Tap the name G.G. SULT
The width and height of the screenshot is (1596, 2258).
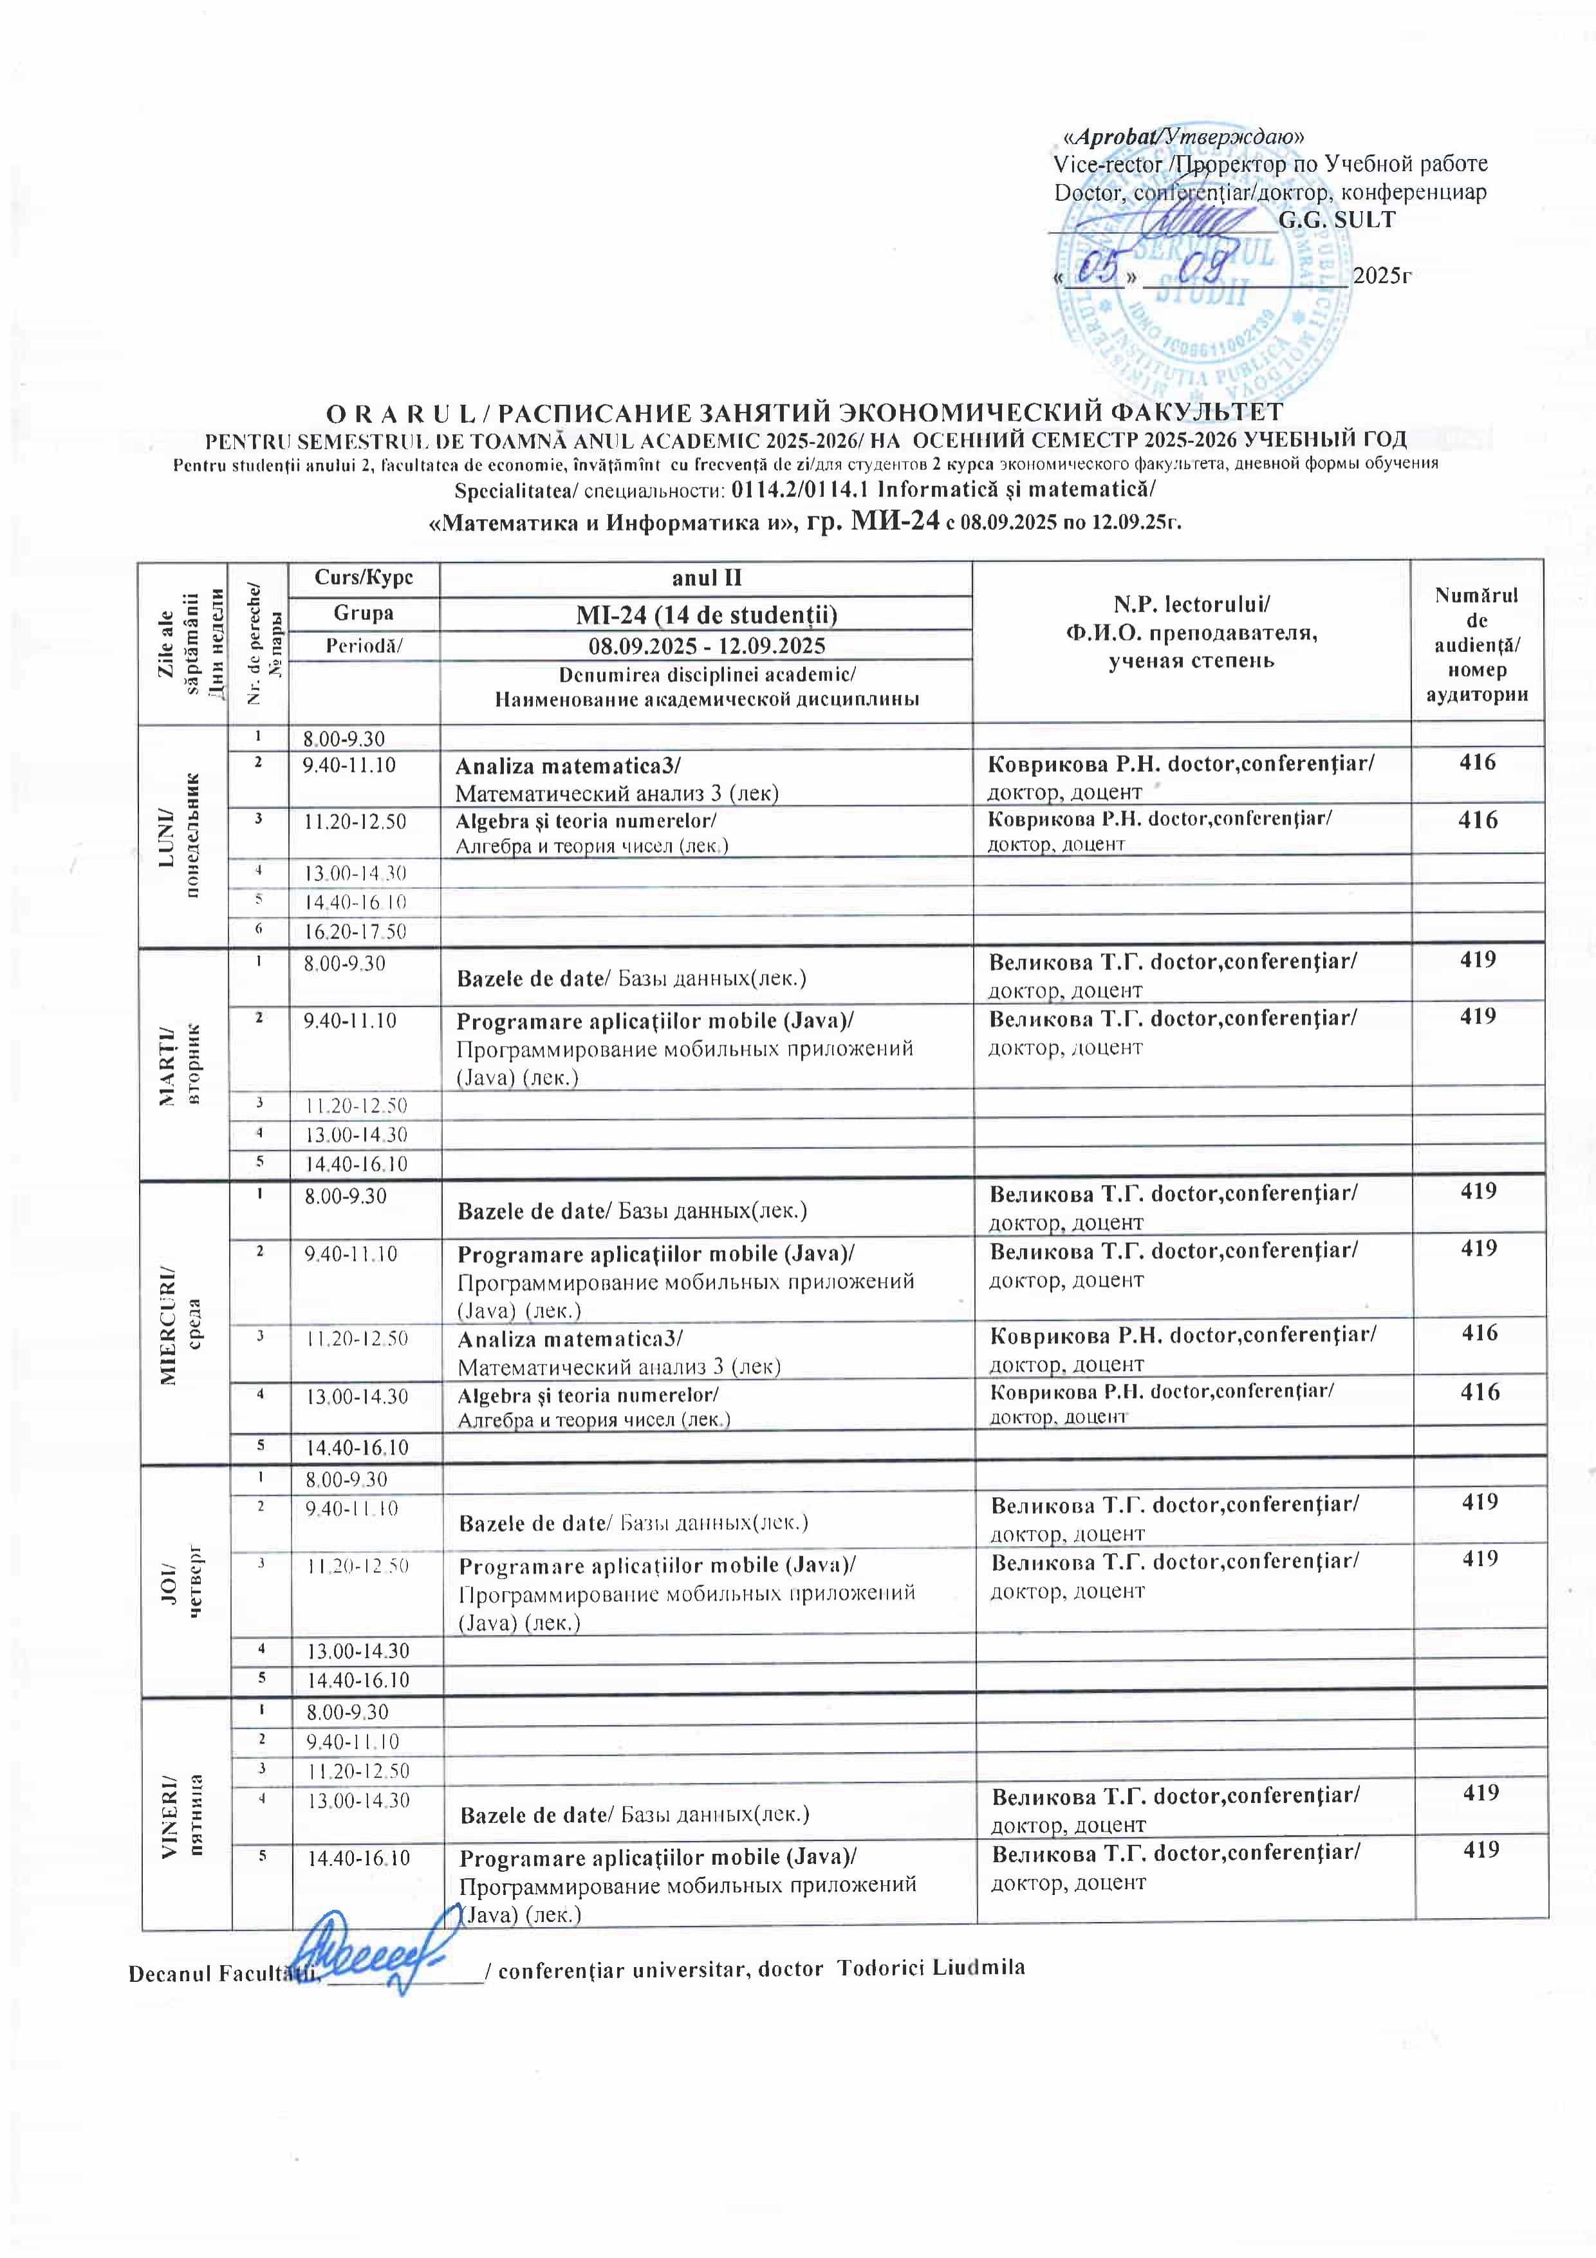tap(1337, 220)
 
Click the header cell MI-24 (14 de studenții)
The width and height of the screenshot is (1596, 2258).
tap(705, 615)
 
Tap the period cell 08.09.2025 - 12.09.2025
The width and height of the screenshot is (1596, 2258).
tap(705, 646)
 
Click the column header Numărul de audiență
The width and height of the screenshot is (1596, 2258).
tap(1476, 644)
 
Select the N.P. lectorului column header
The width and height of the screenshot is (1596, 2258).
tap(1191, 631)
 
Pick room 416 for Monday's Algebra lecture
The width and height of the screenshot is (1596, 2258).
tap(1477, 820)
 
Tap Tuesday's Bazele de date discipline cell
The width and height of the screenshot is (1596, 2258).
tap(705, 978)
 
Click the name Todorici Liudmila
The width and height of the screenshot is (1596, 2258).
tap(931, 1967)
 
